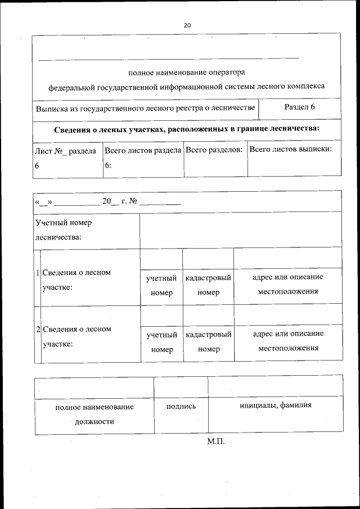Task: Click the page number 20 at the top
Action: (x=187, y=25)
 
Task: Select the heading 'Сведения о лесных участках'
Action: (x=187, y=129)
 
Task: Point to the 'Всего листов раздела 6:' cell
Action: (x=143, y=158)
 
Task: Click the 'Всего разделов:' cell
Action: (x=214, y=150)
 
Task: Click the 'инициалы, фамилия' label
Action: (x=275, y=406)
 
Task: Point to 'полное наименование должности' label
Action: (x=94, y=414)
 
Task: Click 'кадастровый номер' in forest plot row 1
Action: (x=209, y=285)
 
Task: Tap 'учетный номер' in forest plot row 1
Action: (x=162, y=285)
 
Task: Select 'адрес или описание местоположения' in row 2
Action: (x=288, y=341)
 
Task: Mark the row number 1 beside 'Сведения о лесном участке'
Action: (x=38, y=273)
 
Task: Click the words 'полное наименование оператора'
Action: (x=187, y=73)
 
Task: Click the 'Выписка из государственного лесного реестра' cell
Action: (x=146, y=107)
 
